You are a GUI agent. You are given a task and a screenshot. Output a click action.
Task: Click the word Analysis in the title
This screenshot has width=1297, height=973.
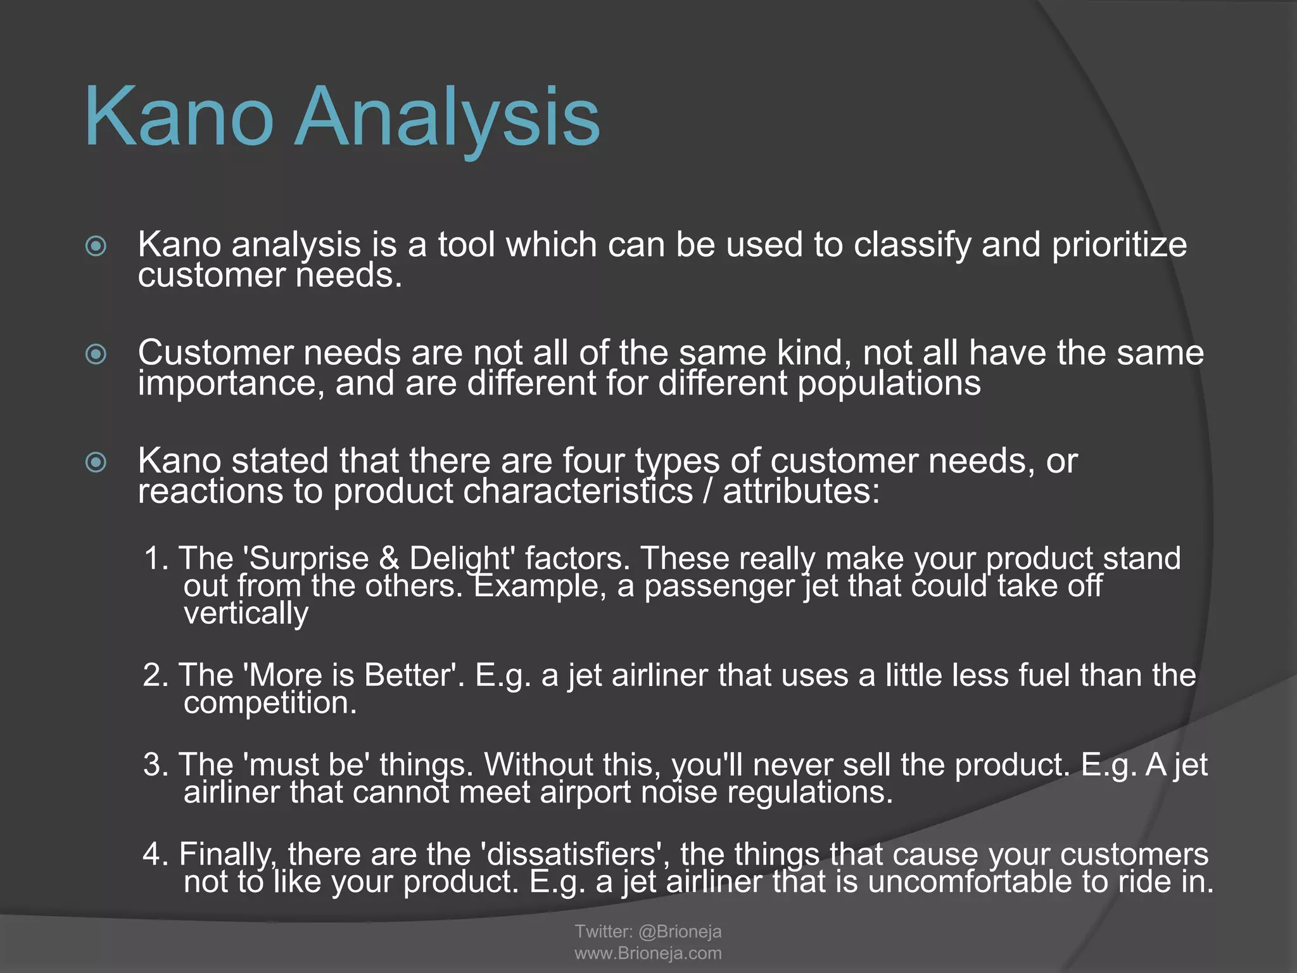(x=446, y=119)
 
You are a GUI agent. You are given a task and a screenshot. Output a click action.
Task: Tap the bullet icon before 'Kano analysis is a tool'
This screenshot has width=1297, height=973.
(x=96, y=246)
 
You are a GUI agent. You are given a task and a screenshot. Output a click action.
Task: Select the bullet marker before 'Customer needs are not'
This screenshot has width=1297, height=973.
(x=96, y=353)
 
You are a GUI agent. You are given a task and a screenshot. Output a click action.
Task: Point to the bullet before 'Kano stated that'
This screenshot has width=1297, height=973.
(x=96, y=462)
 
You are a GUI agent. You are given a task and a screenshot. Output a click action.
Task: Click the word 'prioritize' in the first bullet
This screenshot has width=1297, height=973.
(x=1119, y=246)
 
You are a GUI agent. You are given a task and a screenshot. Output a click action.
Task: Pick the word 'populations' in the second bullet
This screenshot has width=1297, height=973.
(x=889, y=384)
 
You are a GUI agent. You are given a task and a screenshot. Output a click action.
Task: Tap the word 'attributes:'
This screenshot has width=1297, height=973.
(x=801, y=492)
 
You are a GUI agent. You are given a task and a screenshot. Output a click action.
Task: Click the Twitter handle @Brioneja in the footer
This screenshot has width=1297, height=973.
(x=680, y=931)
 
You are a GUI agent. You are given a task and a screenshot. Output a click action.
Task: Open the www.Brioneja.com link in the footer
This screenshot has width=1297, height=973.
(x=648, y=953)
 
